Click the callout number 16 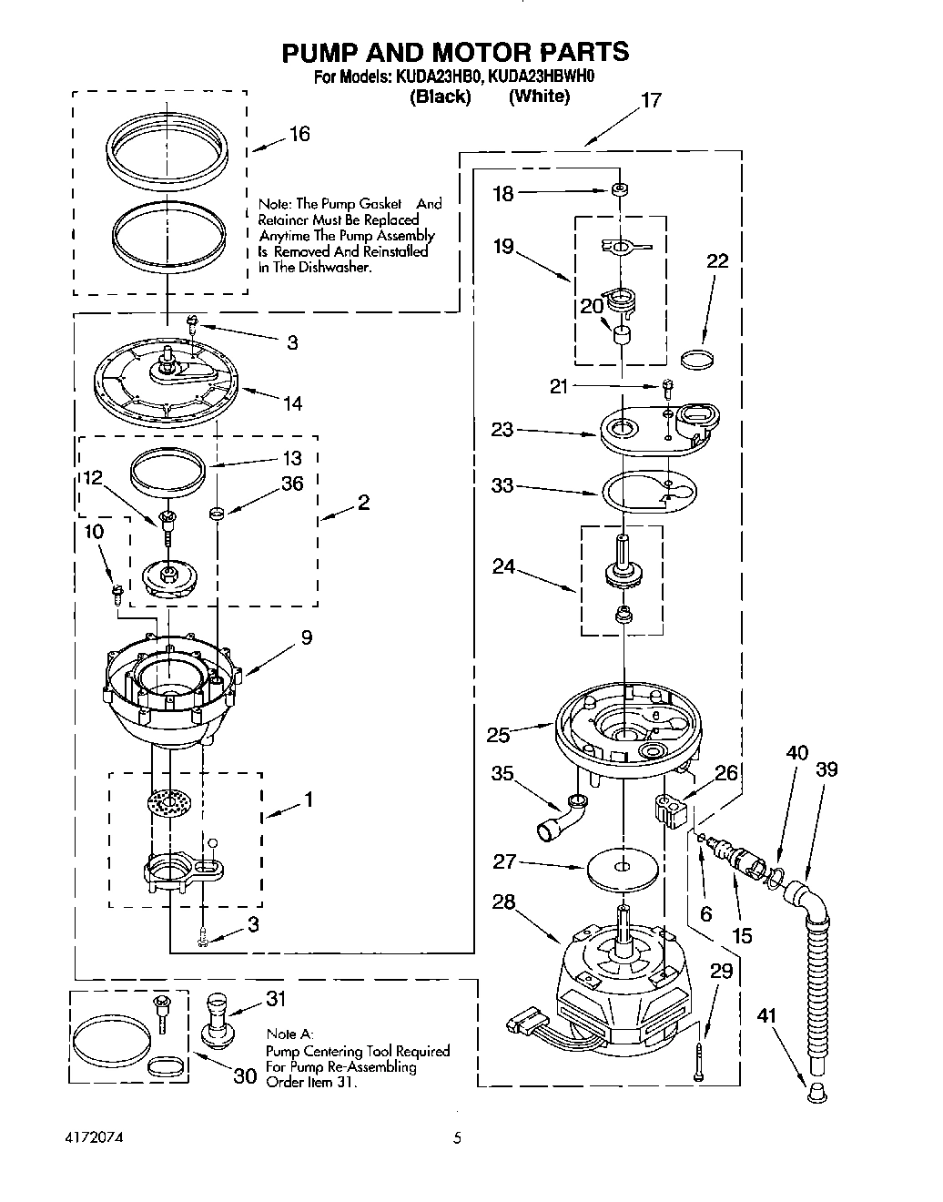click(299, 135)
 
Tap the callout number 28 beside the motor click(503, 902)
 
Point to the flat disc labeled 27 click(624, 868)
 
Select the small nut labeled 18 click(620, 191)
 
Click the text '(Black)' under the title click(441, 97)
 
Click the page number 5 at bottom click(458, 1138)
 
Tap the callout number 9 click(307, 637)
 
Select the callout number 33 click(502, 486)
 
